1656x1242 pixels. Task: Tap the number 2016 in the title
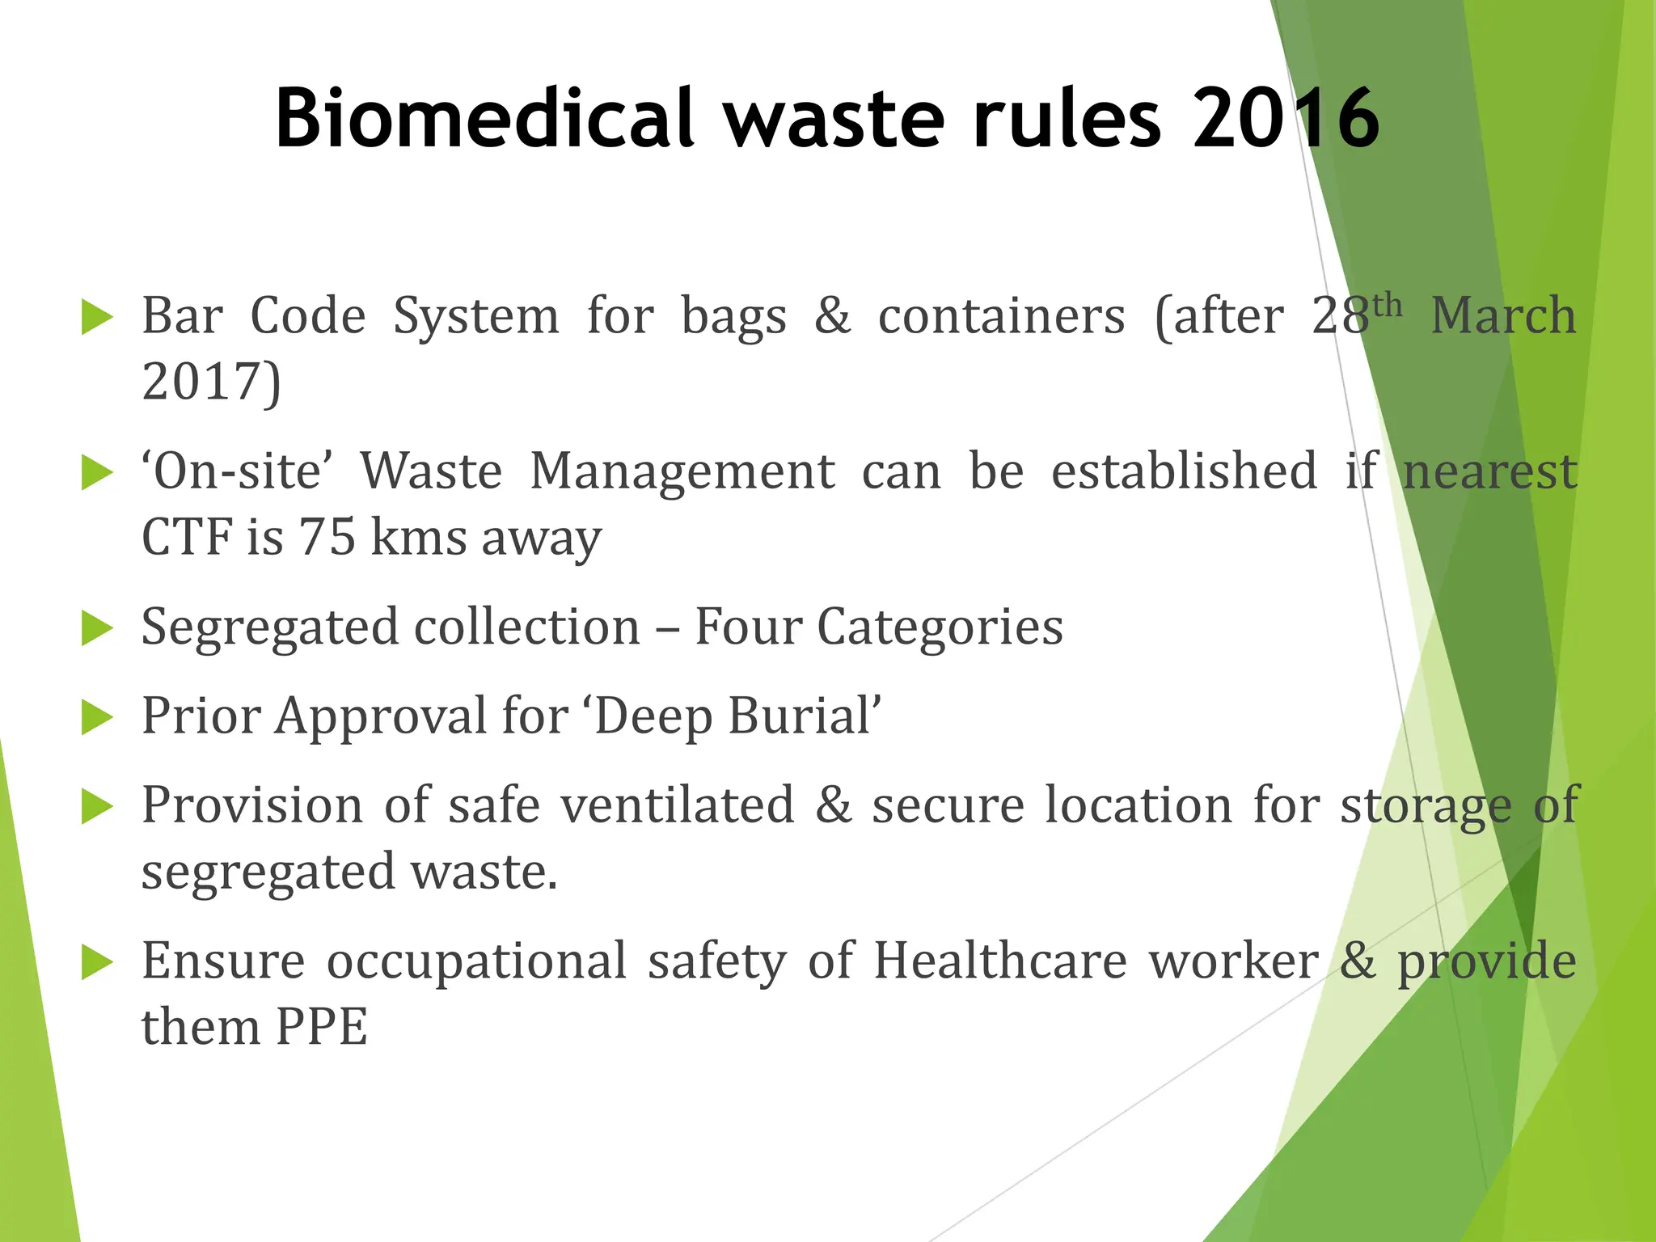(1286, 119)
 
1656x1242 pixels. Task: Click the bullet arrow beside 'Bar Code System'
(97, 318)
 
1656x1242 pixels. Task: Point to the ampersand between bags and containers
(832, 315)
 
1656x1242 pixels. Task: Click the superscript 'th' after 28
(1388, 306)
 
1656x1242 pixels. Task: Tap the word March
(1503, 315)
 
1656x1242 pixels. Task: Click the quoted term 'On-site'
(237, 471)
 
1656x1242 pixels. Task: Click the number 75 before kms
(327, 538)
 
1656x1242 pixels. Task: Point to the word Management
(682, 471)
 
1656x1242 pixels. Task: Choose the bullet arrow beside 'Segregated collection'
(97, 629)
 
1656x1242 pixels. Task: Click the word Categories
(940, 627)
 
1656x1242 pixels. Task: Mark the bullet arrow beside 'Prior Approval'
(97, 718)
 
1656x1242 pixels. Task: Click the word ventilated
(678, 805)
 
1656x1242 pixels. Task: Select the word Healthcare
(1000, 961)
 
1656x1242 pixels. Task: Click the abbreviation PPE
(322, 1028)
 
